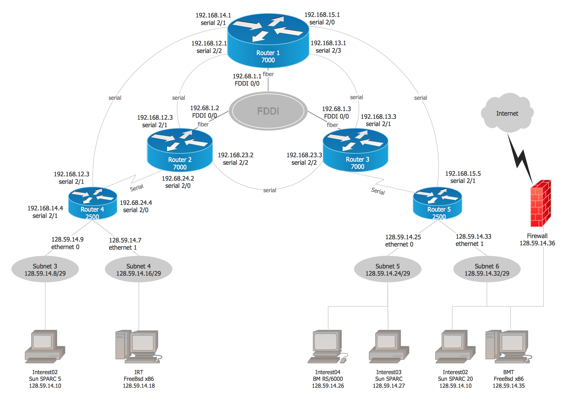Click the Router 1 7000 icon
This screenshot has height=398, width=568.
(x=268, y=40)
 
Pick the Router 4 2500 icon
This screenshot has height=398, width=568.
(x=93, y=203)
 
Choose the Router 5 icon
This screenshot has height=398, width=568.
(x=437, y=203)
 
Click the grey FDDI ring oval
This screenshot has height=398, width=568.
(x=268, y=111)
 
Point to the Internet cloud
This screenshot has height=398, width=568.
(x=507, y=113)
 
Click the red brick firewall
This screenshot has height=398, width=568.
(x=541, y=203)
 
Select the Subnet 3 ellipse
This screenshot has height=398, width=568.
(x=45, y=269)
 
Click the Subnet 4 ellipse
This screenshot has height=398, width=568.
(x=139, y=269)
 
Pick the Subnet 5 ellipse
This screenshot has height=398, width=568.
(x=388, y=269)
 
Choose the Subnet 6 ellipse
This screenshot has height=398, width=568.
(x=487, y=269)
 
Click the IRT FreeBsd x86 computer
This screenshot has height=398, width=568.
(x=138, y=347)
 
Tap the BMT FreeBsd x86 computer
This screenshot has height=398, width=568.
(x=509, y=347)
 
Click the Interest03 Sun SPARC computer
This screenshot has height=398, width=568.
(x=389, y=347)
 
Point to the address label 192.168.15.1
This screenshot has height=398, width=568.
(x=322, y=15)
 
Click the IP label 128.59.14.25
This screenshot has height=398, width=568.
(x=403, y=237)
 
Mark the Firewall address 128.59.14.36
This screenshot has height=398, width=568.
(x=537, y=243)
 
